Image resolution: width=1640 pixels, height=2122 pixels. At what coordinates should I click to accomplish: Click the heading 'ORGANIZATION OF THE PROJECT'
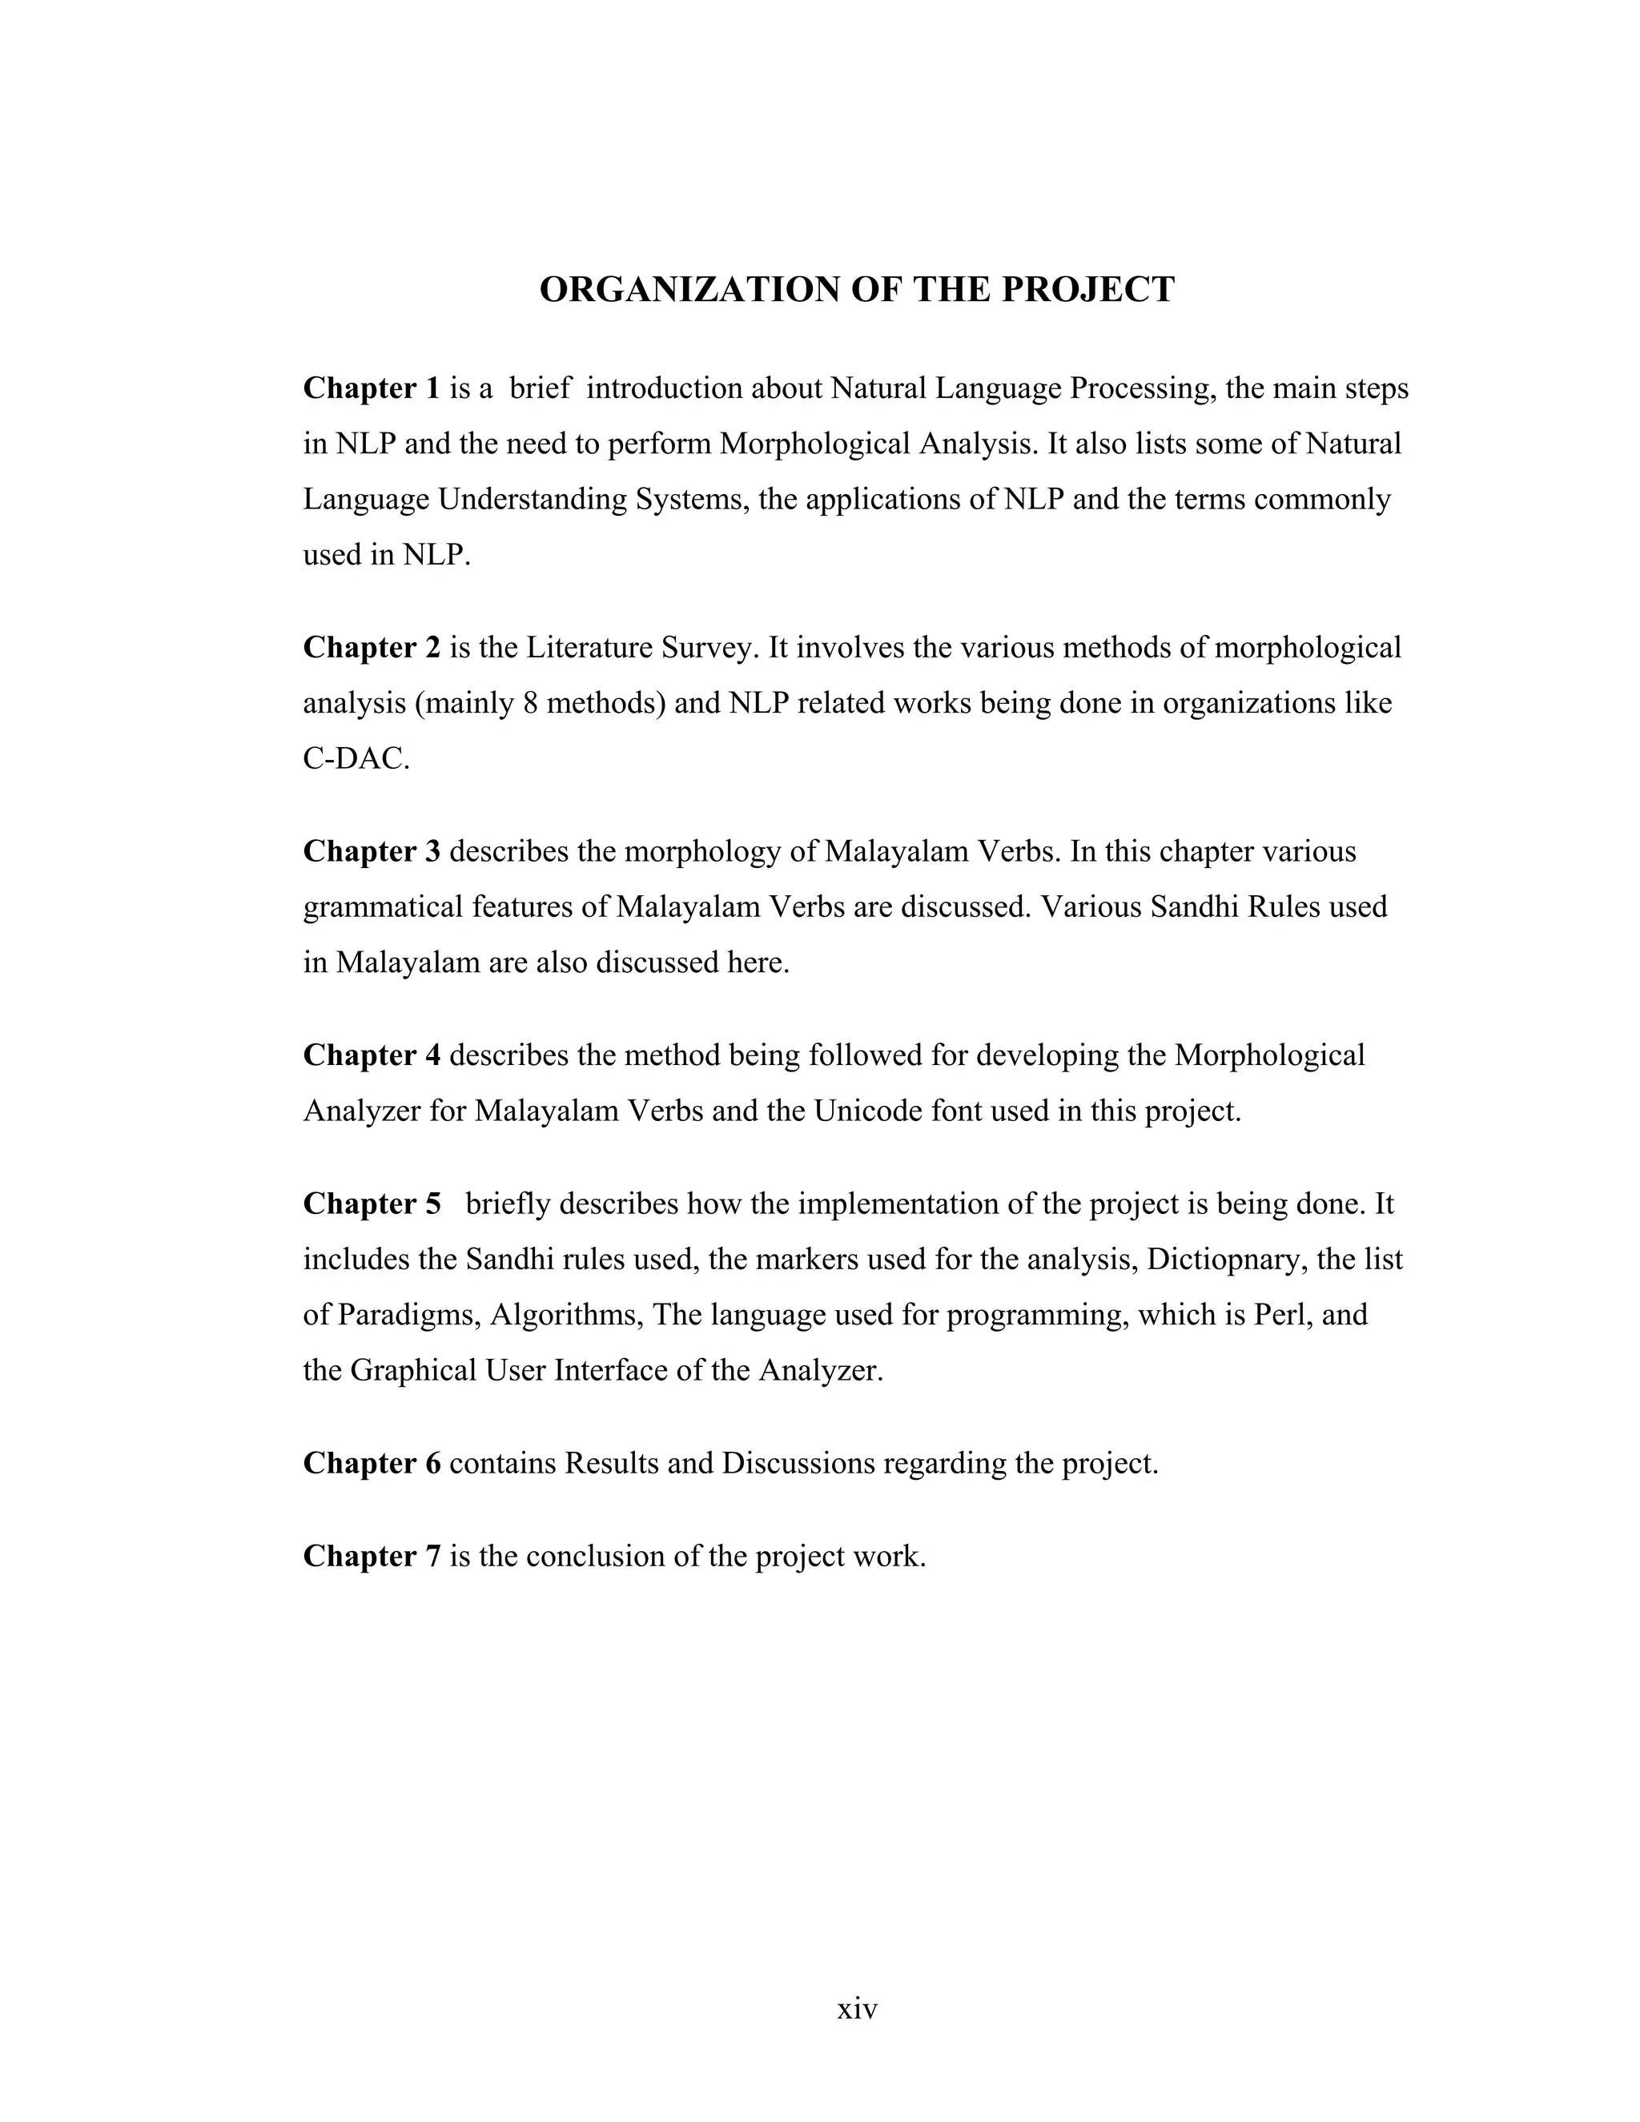(856, 290)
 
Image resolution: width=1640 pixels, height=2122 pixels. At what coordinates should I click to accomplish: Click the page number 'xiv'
(857, 2008)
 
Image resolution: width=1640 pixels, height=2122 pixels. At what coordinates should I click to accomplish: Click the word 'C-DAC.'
(356, 759)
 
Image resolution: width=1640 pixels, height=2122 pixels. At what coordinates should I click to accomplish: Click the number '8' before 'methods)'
(529, 703)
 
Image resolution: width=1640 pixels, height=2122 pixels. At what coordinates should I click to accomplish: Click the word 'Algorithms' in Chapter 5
(565, 1316)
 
